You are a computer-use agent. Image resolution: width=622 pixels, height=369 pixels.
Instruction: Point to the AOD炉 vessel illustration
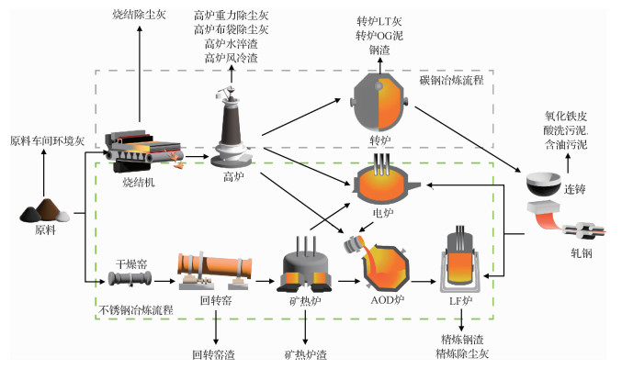point(380,263)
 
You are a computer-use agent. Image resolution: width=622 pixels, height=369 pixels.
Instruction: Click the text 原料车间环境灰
point(47,140)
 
